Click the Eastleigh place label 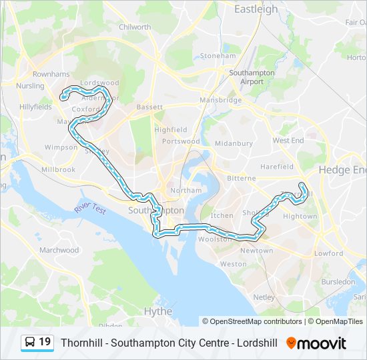coord(256,9)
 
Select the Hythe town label coord(158,311)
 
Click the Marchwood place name coord(59,250)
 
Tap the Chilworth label coord(135,27)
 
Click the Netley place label coord(264,297)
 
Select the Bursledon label coord(338,282)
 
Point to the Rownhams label coord(51,74)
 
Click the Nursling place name coord(30,86)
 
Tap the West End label coord(288,141)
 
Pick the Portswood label coord(181,141)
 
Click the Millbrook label coord(58,170)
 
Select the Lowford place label coord(329,253)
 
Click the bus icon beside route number coord(30,343)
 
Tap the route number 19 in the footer coord(45,343)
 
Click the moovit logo coord(316,343)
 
